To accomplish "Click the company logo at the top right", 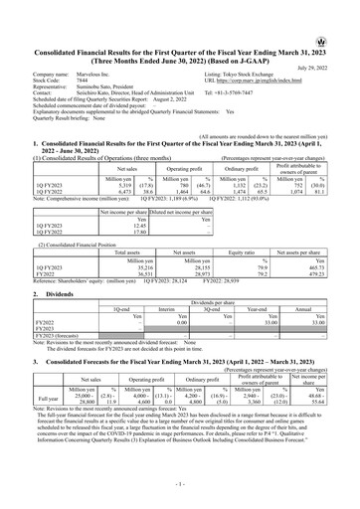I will click(345, 14).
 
